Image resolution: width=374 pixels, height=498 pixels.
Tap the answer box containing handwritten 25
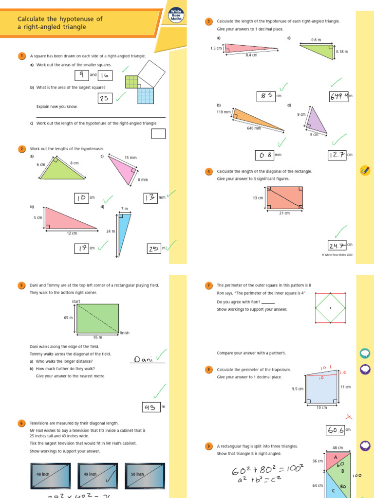point(105,98)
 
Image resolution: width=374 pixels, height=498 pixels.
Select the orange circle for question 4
point(209,171)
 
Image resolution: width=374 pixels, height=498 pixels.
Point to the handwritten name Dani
point(144,359)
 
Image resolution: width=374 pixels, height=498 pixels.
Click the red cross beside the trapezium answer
point(348,417)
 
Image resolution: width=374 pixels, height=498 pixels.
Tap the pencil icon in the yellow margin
point(365,170)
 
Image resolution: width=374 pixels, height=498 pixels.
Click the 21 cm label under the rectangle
point(284,213)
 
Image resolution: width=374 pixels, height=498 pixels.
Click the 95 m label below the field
point(97,337)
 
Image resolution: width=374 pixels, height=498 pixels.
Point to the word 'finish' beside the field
point(125,333)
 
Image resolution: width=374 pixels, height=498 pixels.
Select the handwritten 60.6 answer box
point(336,430)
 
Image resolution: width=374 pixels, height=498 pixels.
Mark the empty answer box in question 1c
point(158,133)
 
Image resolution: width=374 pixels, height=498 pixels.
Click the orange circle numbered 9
point(209,446)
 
